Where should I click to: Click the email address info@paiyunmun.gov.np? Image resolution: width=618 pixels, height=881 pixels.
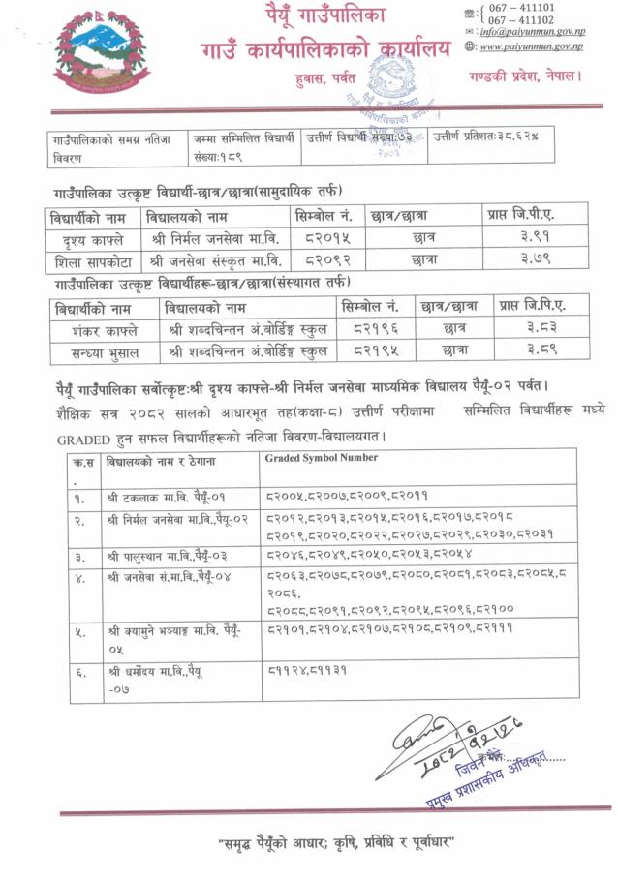pyautogui.click(x=534, y=31)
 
